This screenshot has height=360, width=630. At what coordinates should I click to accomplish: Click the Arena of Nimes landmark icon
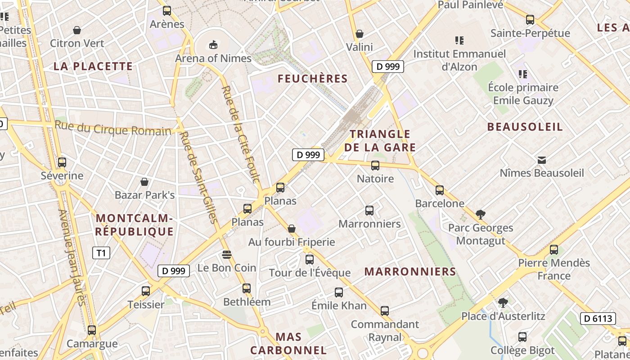(213, 45)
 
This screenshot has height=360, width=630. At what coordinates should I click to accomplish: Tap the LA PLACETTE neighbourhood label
(93, 66)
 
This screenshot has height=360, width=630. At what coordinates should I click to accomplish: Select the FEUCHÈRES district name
(313, 79)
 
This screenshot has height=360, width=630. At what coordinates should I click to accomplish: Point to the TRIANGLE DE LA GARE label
(380, 140)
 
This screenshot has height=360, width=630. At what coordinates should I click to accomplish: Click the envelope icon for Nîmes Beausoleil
(542, 160)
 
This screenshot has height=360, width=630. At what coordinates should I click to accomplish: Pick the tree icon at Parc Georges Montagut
(481, 215)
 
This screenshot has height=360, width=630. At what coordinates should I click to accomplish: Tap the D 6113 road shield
(598, 319)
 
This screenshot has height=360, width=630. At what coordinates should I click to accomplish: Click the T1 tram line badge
(101, 253)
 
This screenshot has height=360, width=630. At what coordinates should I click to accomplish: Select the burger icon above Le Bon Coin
(227, 255)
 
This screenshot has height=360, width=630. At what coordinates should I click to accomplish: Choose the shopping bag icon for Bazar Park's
(144, 182)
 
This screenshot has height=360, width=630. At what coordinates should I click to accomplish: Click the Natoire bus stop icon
(375, 166)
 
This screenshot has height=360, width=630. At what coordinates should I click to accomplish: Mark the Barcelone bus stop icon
(440, 190)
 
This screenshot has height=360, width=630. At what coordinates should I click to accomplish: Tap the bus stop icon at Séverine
(62, 162)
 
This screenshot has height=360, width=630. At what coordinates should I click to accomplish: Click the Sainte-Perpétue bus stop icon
(530, 20)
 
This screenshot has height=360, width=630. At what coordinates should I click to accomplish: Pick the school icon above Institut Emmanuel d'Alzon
(459, 40)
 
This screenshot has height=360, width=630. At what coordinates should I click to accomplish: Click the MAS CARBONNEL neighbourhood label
(288, 343)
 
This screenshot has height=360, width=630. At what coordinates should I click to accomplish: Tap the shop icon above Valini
(360, 34)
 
